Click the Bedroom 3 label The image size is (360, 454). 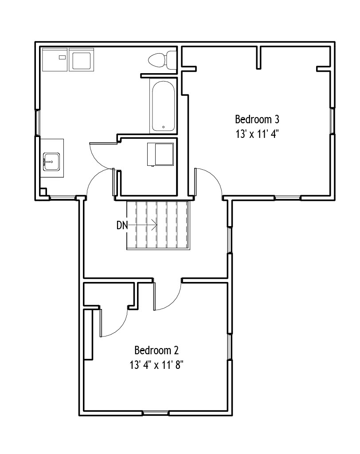(257, 119)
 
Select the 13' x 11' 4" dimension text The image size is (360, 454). (257, 134)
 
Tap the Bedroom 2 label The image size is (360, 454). (157, 350)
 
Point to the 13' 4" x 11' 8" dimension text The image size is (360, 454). (157, 365)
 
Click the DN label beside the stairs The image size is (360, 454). (122, 225)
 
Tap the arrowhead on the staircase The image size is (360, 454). (155, 225)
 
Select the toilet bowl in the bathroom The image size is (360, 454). (157, 60)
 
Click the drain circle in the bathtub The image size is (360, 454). (163, 127)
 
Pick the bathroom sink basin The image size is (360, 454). (51, 162)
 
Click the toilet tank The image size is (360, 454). (171, 60)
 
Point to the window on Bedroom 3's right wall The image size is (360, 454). (333, 121)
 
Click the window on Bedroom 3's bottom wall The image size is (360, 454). (287, 198)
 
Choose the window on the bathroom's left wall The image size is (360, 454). (37, 123)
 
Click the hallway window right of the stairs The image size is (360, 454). (230, 240)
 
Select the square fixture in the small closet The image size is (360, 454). (160, 154)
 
